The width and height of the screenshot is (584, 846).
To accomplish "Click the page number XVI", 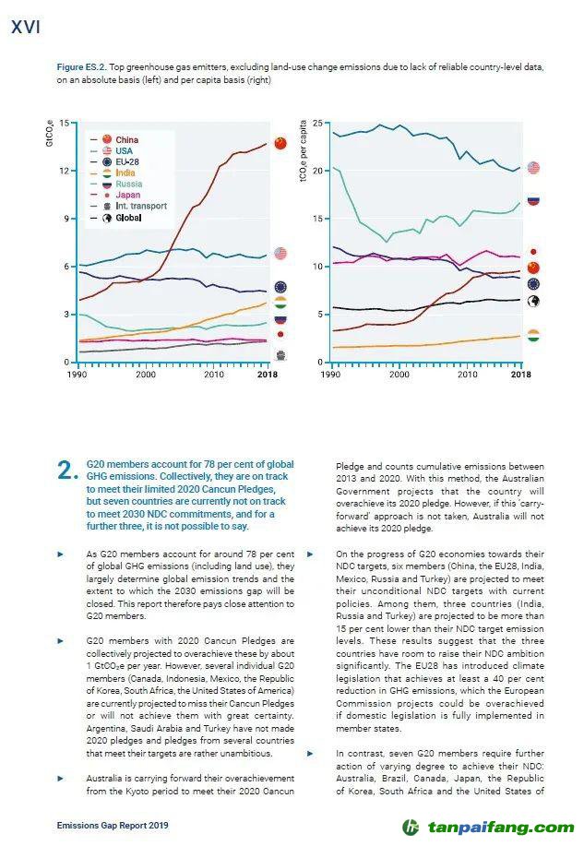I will (25, 28).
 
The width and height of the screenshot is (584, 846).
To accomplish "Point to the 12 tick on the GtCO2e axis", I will (64, 171).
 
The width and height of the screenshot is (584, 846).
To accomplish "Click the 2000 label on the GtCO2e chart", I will (146, 375).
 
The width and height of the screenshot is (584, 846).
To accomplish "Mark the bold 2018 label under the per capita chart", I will (520, 375).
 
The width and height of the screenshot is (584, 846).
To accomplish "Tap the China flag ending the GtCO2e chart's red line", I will (280, 142).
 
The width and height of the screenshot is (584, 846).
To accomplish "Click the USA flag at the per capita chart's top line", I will (533, 168).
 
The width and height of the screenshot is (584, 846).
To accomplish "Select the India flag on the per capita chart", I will (533, 336).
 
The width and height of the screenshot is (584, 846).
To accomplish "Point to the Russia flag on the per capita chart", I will (533, 199).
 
